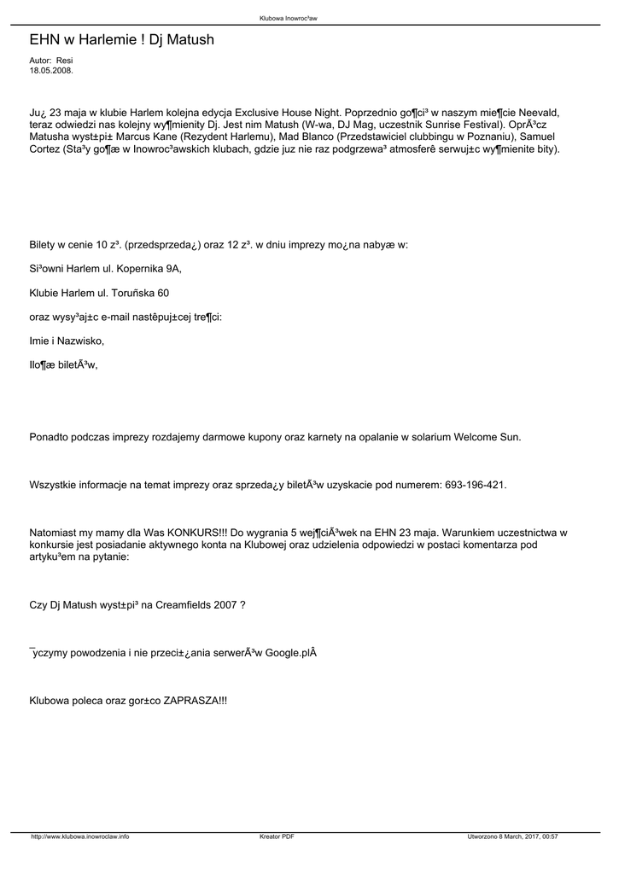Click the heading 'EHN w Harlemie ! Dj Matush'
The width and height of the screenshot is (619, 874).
click(121, 40)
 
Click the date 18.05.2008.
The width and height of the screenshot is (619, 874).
click(51, 71)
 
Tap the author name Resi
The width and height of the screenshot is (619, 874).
click(65, 61)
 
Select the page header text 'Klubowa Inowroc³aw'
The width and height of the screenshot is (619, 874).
click(288, 17)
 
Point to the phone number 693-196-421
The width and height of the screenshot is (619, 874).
click(476, 485)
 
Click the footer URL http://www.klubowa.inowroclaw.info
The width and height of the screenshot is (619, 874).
click(80, 836)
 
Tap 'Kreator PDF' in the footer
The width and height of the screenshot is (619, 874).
click(277, 836)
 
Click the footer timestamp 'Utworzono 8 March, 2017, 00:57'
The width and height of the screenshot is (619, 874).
click(513, 836)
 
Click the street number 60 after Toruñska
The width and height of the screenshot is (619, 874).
click(162, 293)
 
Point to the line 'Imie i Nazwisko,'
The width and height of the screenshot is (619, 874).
click(67, 341)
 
